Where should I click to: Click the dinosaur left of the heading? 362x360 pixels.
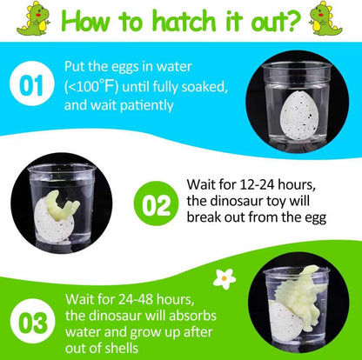[33, 18]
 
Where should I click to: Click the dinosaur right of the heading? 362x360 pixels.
[325, 18]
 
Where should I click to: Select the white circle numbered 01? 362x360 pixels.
[32, 83]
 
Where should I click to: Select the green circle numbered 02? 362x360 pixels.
[156, 203]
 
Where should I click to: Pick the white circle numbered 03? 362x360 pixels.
[32, 321]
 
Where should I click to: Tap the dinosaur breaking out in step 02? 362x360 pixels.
[62, 205]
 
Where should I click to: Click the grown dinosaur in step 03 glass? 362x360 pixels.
[302, 297]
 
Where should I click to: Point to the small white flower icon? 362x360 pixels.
[225, 279]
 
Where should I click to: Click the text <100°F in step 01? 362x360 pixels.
[91, 87]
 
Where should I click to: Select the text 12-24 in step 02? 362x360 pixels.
[257, 185]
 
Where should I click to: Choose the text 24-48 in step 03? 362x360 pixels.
[135, 299]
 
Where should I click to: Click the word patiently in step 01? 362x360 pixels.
[146, 105]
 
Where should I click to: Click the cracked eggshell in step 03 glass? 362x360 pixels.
[285, 321]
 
